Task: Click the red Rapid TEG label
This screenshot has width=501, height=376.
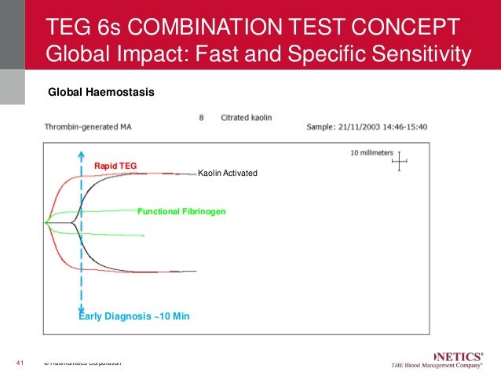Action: (115, 166)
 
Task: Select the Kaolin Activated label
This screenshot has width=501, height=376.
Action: (227, 173)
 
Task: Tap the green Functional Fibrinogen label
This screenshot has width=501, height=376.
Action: (181, 212)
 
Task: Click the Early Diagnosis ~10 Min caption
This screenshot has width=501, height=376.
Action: (134, 316)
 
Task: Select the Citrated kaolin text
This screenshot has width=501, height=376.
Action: (247, 118)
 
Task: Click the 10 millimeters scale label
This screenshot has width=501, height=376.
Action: (371, 152)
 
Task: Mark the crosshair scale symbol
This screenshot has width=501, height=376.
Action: (400, 162)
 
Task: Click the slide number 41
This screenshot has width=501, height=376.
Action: (21, 363)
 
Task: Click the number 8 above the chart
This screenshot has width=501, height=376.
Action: (202, 118)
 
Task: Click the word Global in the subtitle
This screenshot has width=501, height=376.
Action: (76, 54)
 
